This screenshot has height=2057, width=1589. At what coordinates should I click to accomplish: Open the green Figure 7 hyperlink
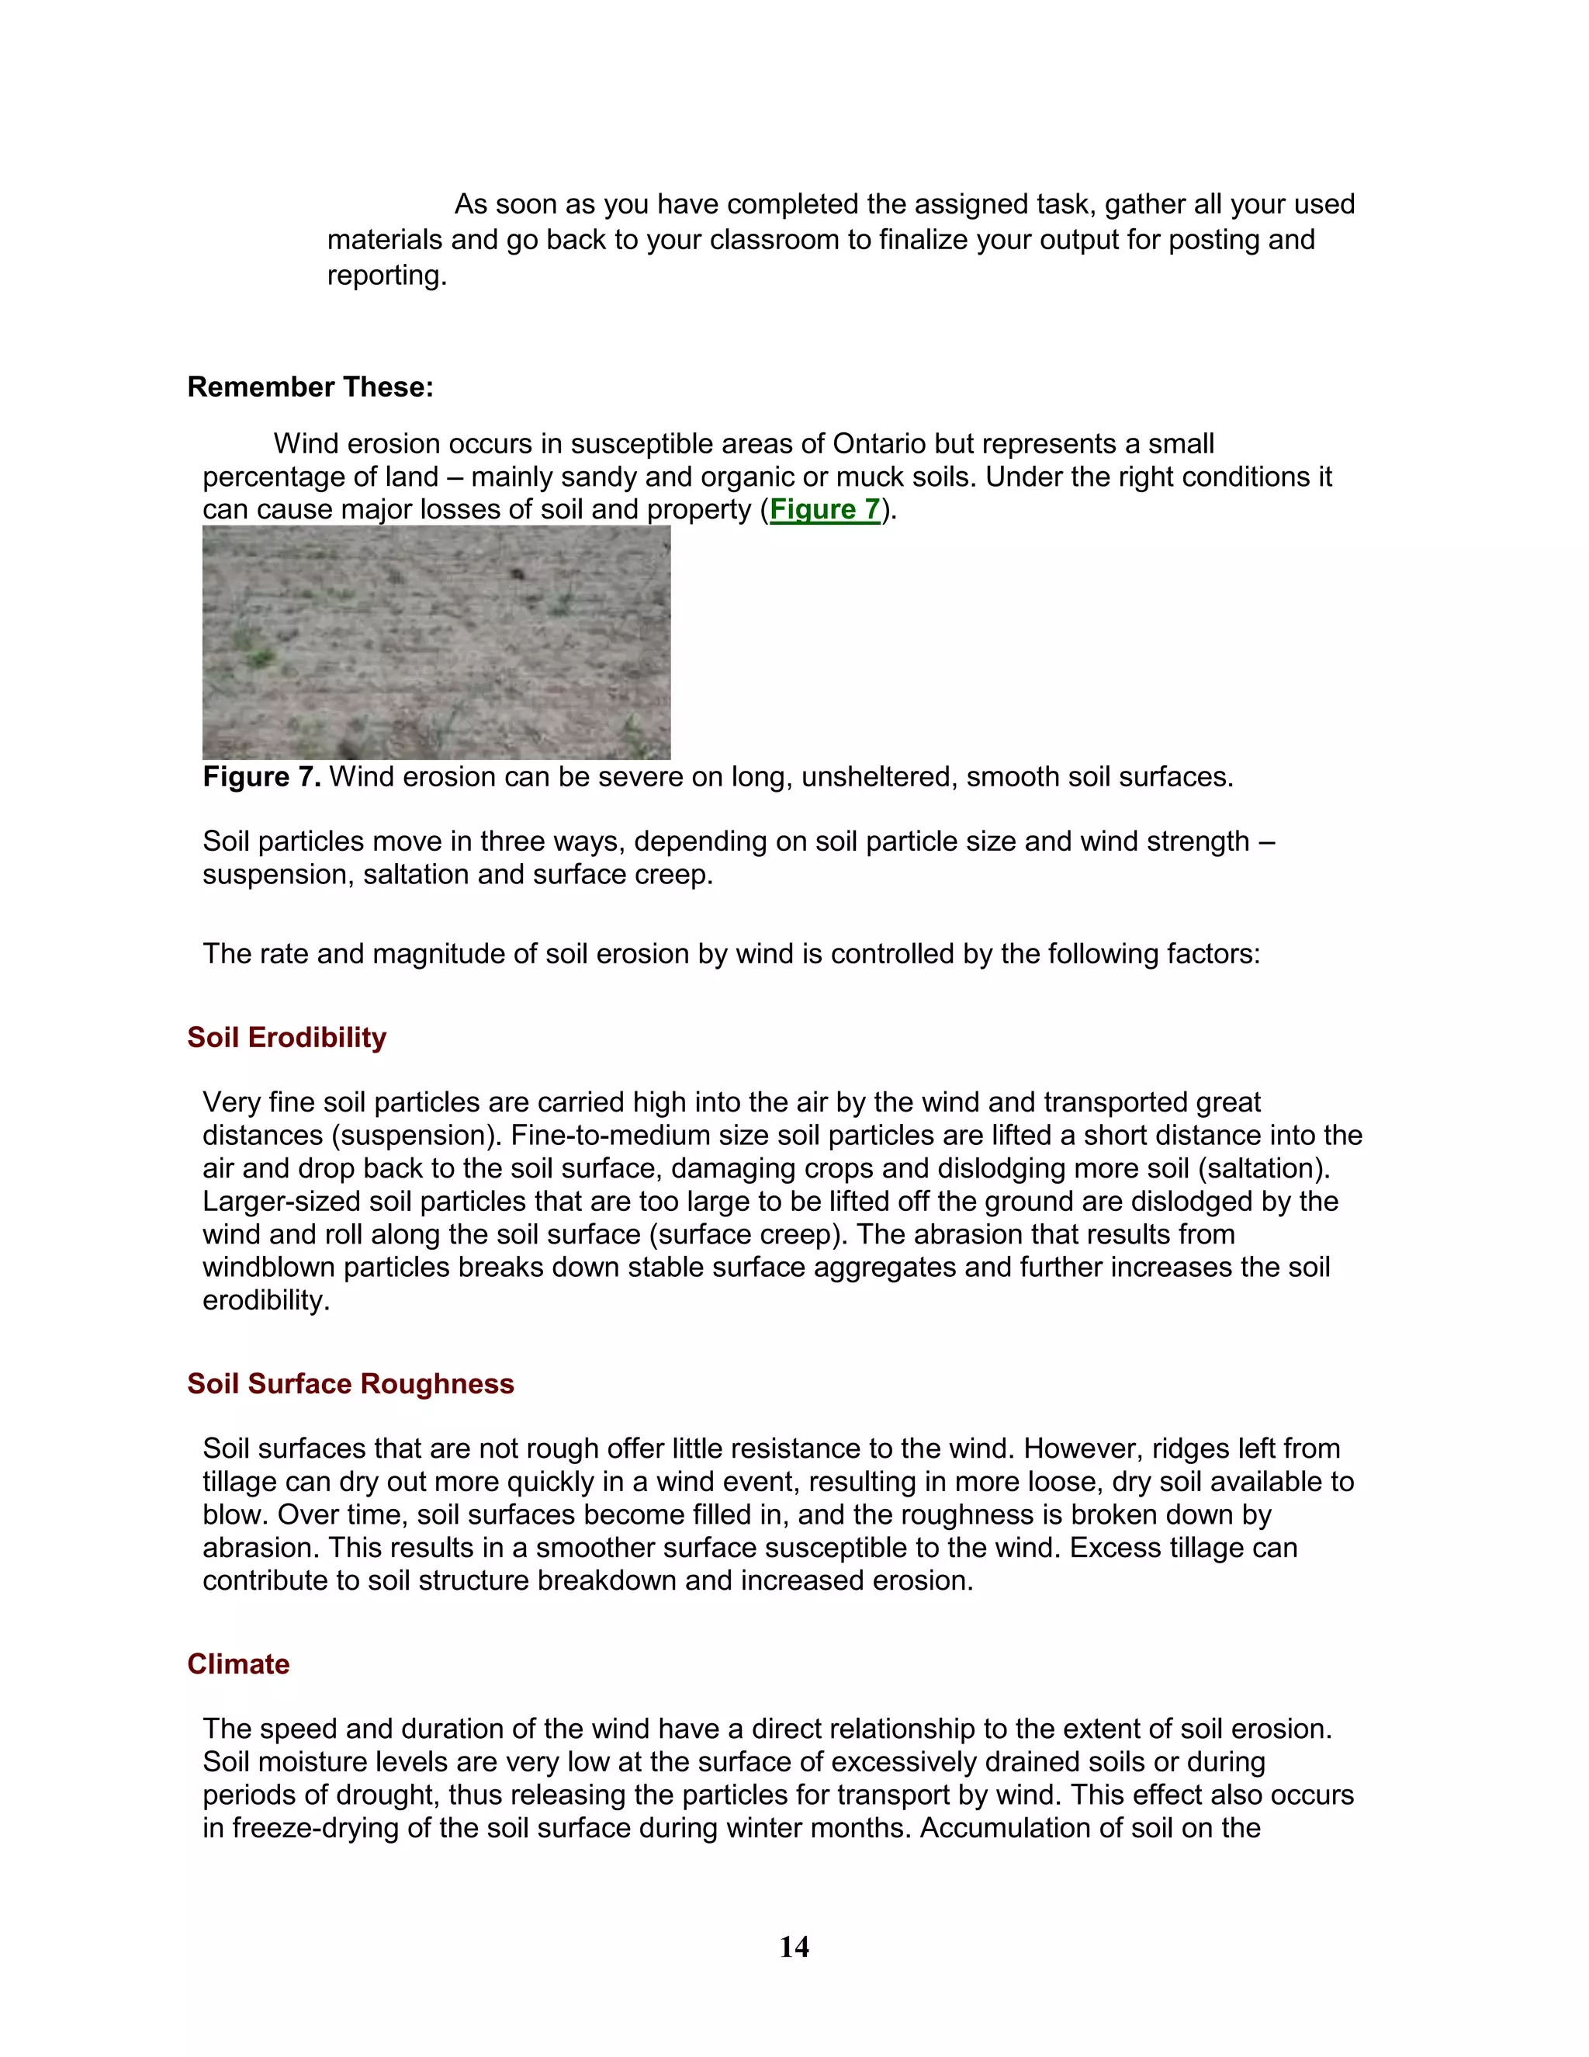pyautogui.click(x=825, y=509)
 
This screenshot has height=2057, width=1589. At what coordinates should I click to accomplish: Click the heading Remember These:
pyautogui.click(x=310, y=387)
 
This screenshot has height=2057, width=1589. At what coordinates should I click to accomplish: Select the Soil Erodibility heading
pyautogui.click(x=286, y=1037)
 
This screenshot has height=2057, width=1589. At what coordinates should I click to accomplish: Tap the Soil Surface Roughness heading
pyautogui.click(x=350, y=1383)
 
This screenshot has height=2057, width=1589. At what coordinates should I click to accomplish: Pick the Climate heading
pyautogui.click(x=238, y=1663)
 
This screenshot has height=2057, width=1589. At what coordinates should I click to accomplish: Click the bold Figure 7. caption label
pyautogui.click(x=261, y=777)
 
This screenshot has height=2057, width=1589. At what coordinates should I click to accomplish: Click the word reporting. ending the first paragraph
pyautogui.click(x=386, y=275)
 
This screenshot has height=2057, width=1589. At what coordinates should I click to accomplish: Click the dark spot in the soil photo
pyautogui.click(x=517, y=573)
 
